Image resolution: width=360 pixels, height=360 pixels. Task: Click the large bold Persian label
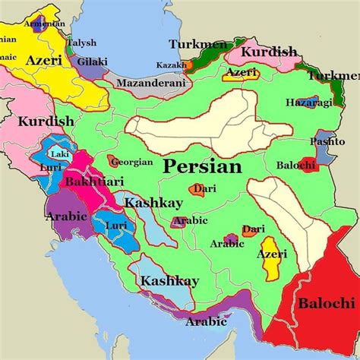point(202,166)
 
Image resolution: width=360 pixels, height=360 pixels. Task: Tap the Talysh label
point(81,43)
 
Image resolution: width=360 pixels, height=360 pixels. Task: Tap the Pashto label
point(327,142)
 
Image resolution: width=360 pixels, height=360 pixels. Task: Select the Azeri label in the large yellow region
point(43,59)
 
